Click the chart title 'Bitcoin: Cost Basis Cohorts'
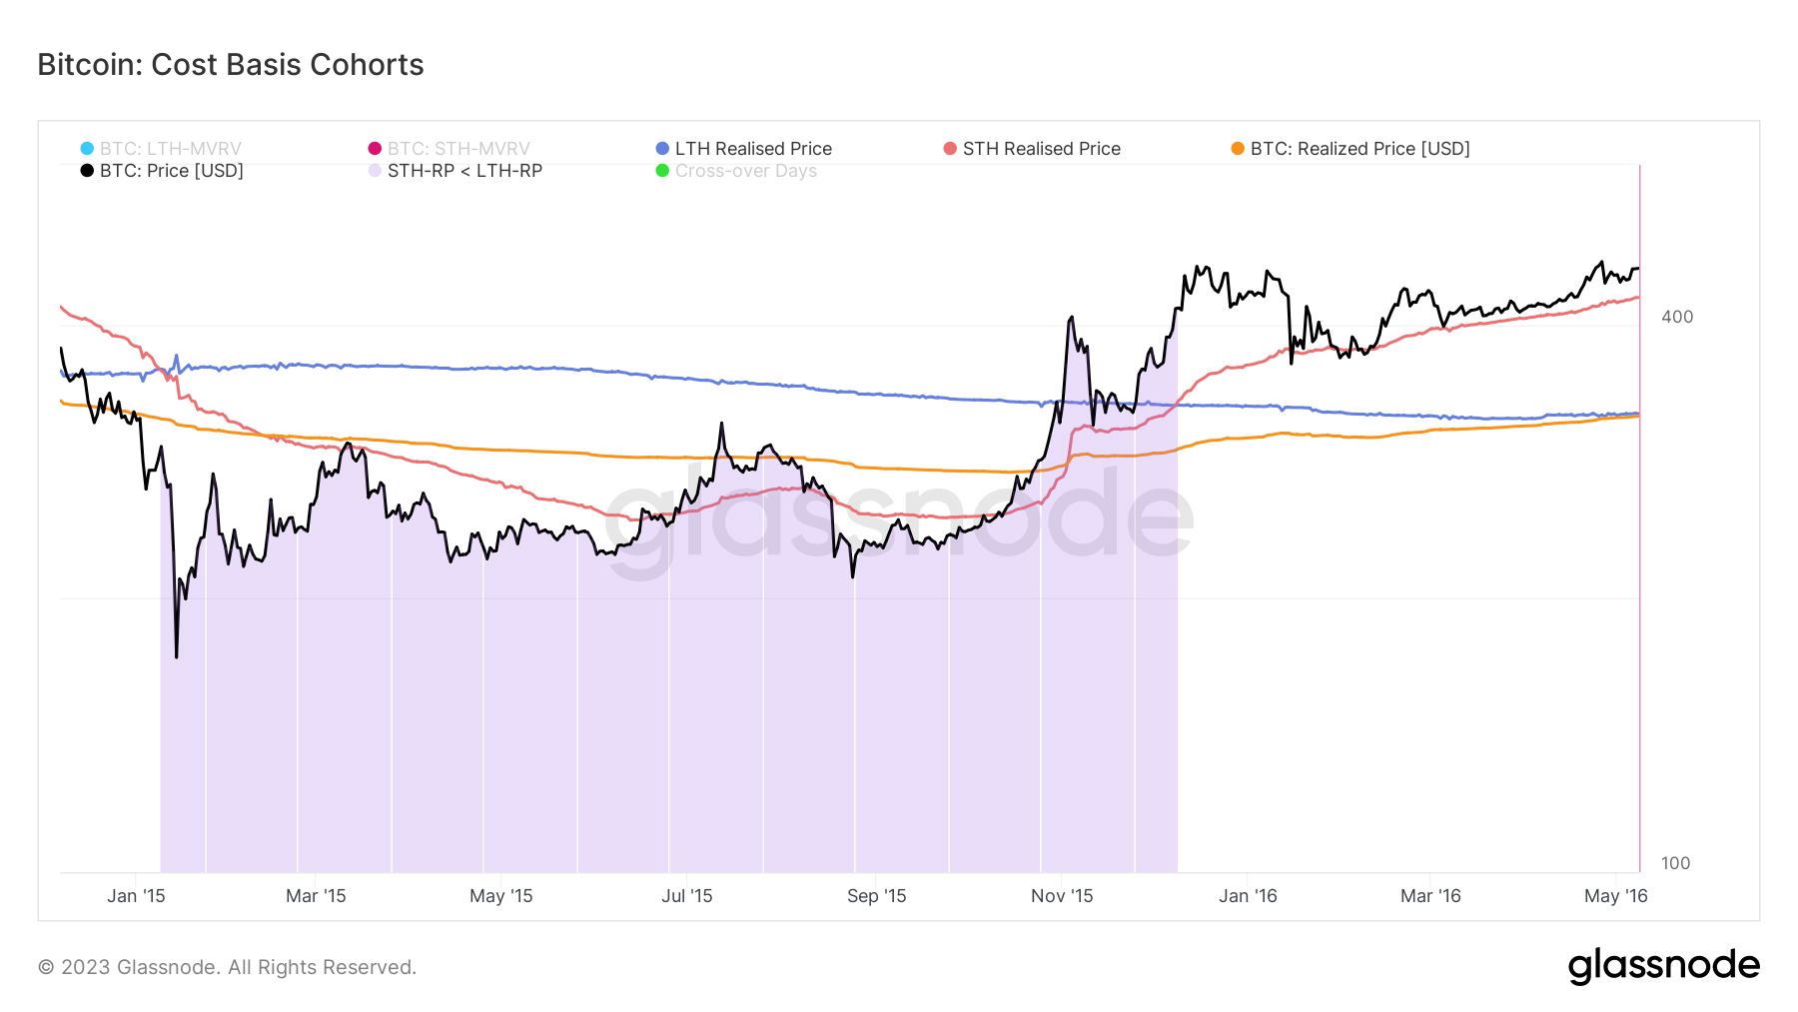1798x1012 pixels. pyautogui.click(x=231, y=65)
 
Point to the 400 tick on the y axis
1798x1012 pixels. pyautogui.click(x=1676, y=317)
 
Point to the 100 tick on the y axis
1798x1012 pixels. pyautogui.click(x=1675, y=863)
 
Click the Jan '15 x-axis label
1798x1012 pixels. pyautogui.click(x=136, y=896)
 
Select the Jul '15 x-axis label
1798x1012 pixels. pyautogui.click(x=687, y=896)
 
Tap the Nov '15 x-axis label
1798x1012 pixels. pyautogui.click(x=1062, y=896)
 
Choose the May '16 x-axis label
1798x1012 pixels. pyautogui.click(x=1615, y=896)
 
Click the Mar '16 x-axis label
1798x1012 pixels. pyautogui.click(x=1430, y=896)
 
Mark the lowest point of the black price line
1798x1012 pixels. pyautogui.click(x=177, y=657)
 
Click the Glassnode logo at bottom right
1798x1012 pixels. pyautogui.click(x=1663, y=966)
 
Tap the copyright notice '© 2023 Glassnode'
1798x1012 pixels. pyautogui.click(x=227, y=967)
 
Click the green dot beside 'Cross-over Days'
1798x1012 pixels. pyautogui.click(x=662, y=171)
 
